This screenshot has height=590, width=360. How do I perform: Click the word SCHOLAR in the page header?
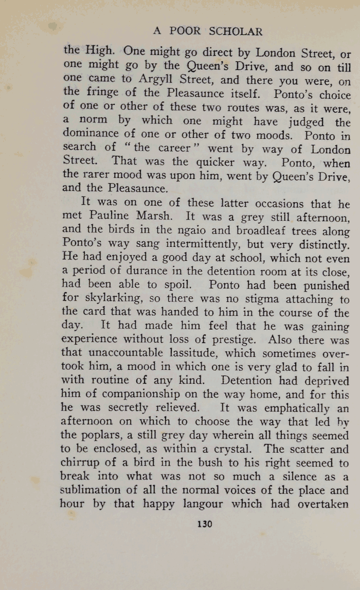tap(236, 31)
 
